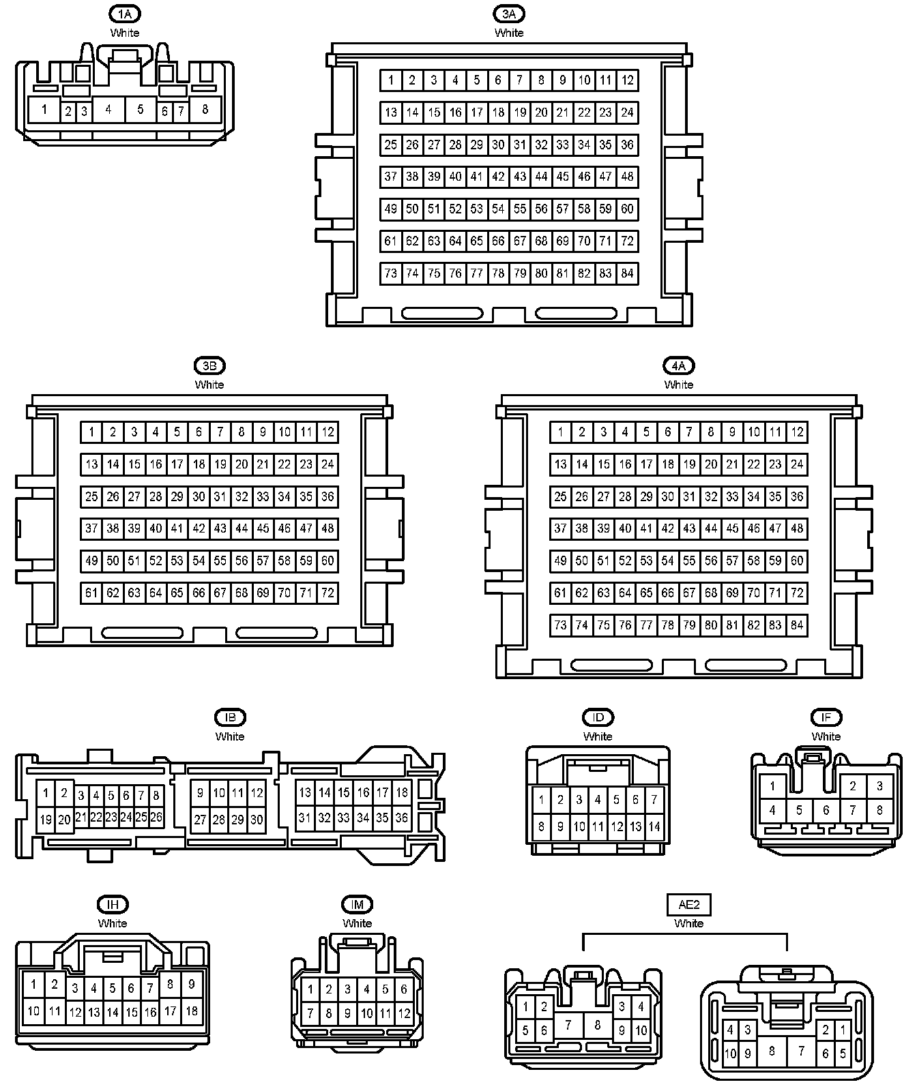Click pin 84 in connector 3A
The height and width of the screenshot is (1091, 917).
[x=627, y=273]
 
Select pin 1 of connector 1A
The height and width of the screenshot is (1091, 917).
[x=44, y=109]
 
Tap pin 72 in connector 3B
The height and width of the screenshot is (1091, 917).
[x=327, y=593]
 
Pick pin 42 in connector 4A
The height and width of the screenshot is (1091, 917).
[x=668, y=528]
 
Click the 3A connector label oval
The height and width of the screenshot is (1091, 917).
[x=509, y=14]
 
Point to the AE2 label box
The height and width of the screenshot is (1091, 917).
[x=688, y=905]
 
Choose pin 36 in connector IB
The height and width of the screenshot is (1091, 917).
[x=402, y=818]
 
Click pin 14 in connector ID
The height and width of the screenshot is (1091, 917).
[x=654, y=827]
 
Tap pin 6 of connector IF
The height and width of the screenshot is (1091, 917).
[x=826, y=811]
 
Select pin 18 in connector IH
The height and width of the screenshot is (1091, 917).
[x=192, y=1011]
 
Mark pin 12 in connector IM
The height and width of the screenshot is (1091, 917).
[x=404, y=1013]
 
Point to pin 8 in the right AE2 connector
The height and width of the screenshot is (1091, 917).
[x=772, y=1051]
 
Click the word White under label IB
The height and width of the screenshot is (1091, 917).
[x=230, y=736]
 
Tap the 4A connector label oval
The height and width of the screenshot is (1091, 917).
[x=678, y=365]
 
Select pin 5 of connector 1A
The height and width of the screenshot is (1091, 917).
[x=140, y=109]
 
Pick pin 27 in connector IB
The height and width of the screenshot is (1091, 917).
[x=200, y=820]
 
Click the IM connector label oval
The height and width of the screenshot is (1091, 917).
[x=357, y=905]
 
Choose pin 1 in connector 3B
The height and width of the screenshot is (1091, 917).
[x=91, y=432]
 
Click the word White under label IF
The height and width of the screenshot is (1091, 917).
[x=826, y=736]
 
